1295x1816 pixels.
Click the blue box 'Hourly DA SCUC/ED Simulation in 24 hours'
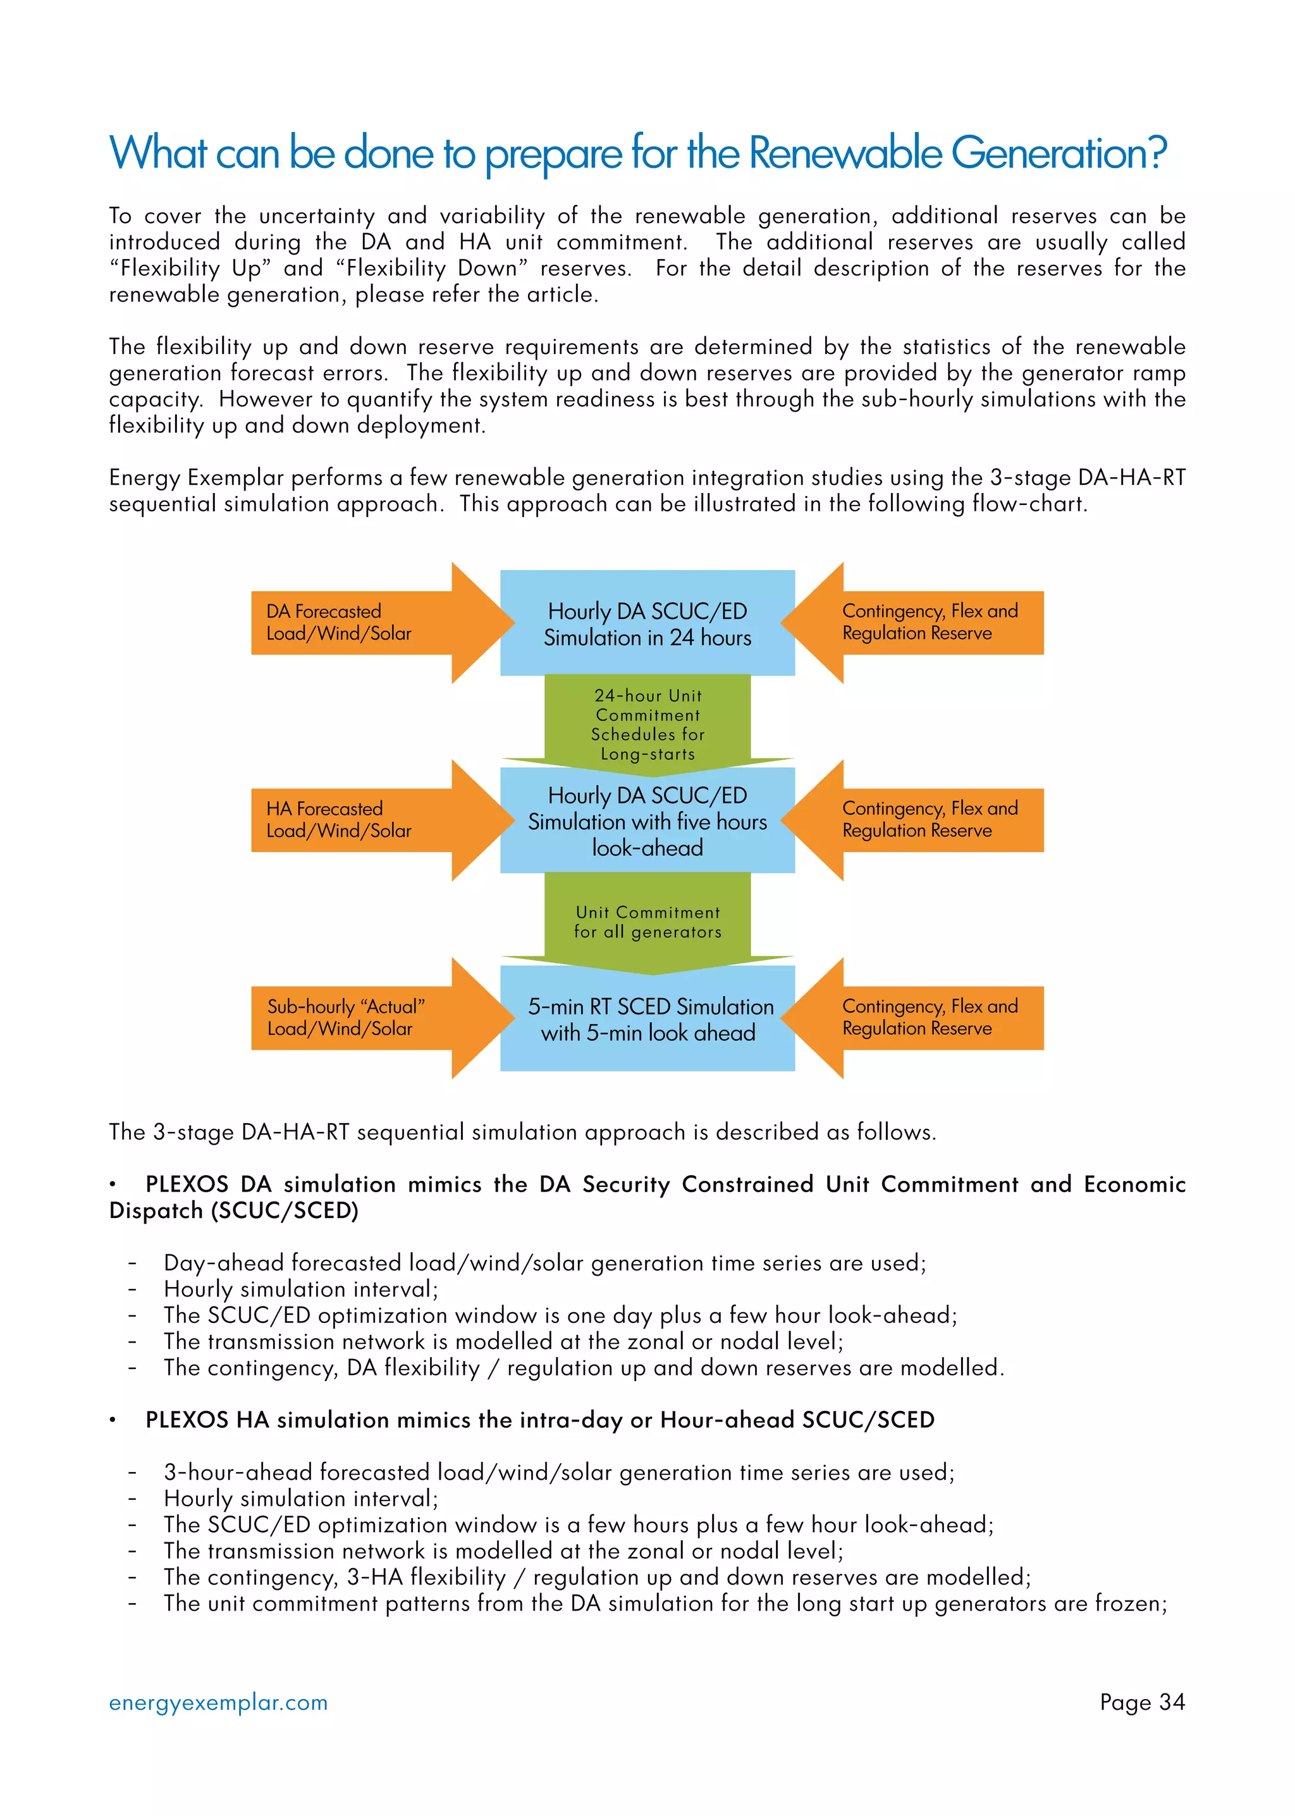coord(647,623)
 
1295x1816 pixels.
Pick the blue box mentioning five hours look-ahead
coord(647,821)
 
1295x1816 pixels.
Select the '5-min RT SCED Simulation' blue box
coord(647,1019)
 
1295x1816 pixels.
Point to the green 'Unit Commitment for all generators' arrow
coord(647,922)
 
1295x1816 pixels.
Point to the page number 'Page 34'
coord(1142,1702)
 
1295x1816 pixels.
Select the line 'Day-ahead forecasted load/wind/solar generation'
coord(544,1263)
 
